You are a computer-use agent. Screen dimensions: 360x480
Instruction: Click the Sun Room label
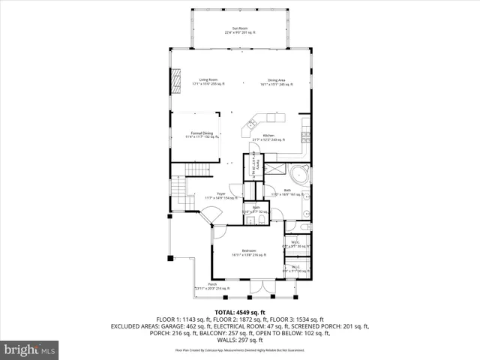240,31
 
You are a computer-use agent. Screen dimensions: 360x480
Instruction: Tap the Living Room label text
208,82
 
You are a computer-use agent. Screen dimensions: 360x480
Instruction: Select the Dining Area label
277,82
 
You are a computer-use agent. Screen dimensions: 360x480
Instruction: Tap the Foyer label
221,196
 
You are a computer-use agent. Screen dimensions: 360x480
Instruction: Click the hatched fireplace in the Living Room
177,79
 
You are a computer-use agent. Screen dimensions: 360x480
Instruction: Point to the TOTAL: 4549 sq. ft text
240,312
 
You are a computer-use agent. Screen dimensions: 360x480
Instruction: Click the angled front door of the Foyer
211,217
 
